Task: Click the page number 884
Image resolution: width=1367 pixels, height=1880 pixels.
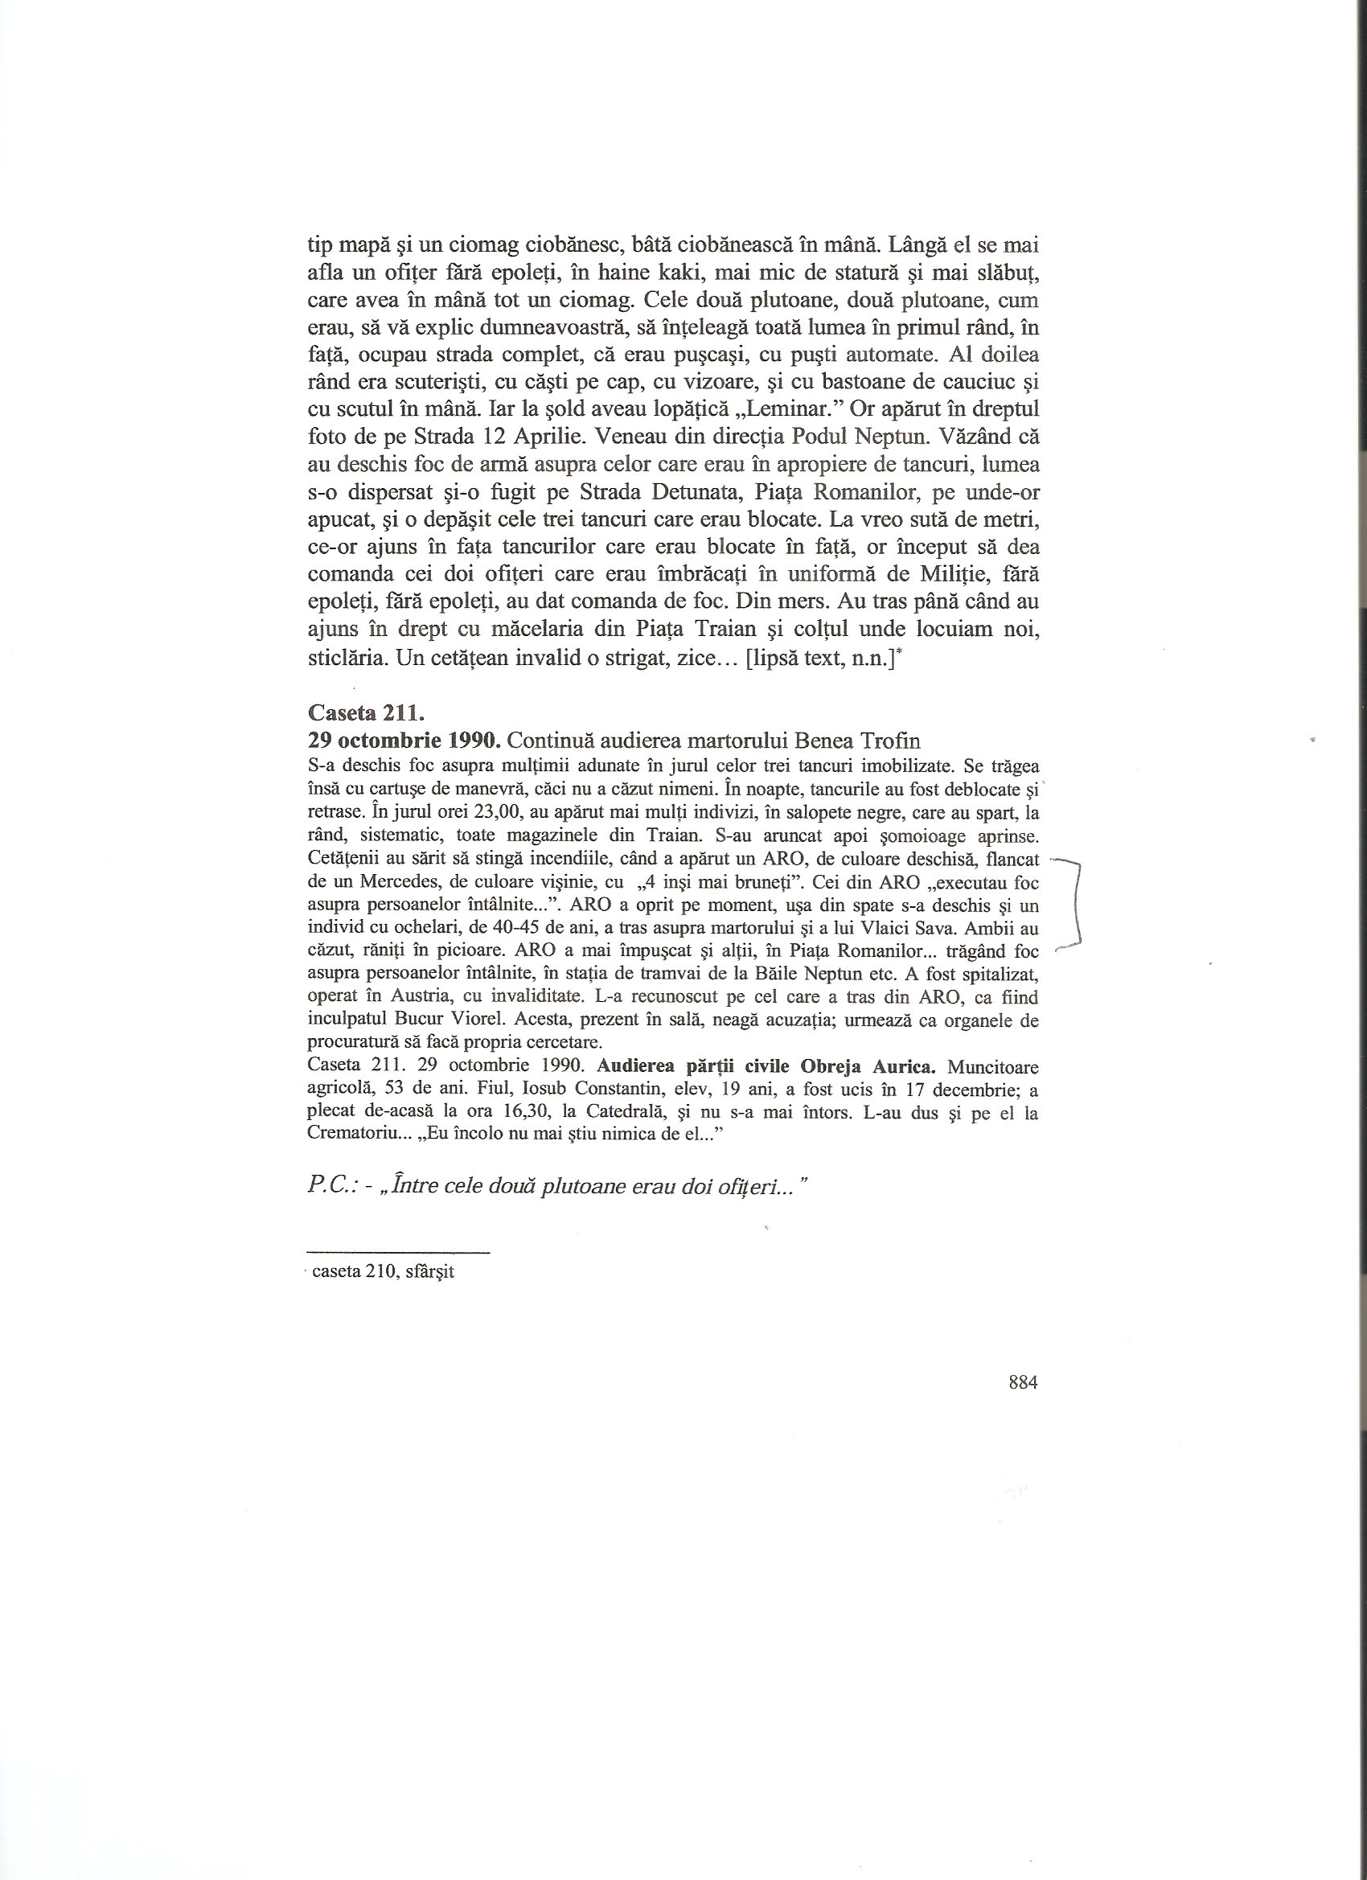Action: click(x=1023, y=1381)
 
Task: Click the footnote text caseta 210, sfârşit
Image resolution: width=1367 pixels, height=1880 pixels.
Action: click(x=383, y=1270)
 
